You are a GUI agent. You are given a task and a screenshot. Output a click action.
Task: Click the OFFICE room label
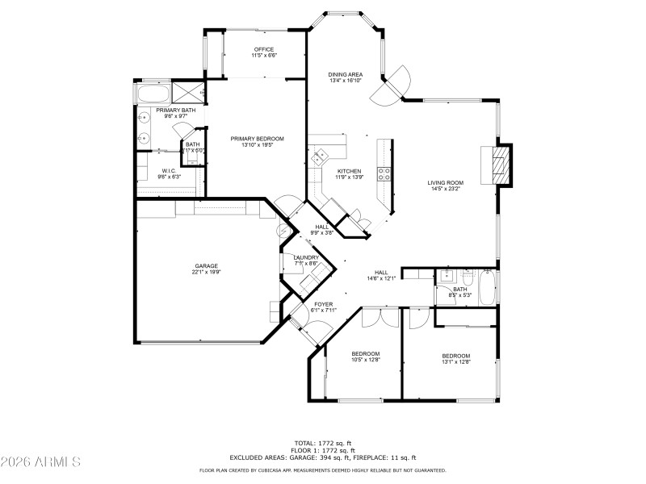[x=264, y=49]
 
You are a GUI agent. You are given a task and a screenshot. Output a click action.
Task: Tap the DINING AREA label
[x=345, y=74]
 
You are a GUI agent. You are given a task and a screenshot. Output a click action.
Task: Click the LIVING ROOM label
[x=444, y=183]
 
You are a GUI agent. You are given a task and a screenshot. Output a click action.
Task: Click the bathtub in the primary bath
[x=153, y=94]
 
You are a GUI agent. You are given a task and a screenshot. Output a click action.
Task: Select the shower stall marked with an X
[x=191, y=91]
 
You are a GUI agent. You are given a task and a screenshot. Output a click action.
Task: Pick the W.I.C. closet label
[x=169, y=170]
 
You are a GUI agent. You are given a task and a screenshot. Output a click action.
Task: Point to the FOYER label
[x=323, y=304]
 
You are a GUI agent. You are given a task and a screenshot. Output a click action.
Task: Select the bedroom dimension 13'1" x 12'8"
[x=455, y=362]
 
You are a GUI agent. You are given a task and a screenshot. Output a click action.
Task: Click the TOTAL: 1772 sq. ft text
[x=324, y=443]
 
